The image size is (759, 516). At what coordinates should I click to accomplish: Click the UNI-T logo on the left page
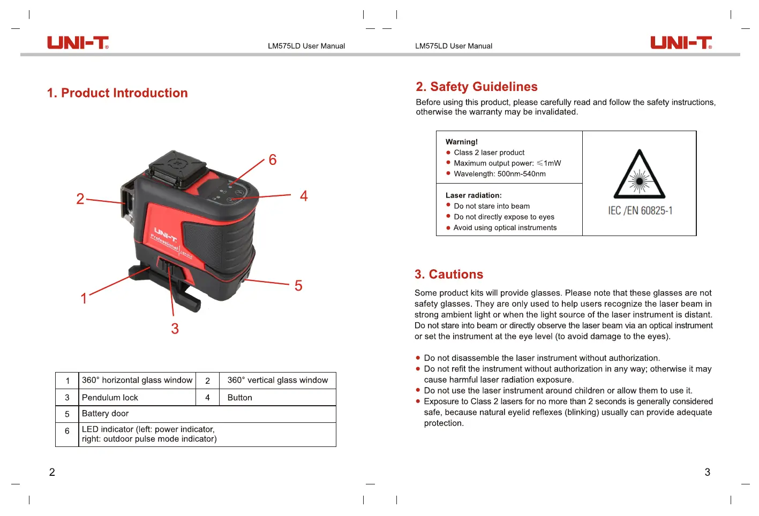78,43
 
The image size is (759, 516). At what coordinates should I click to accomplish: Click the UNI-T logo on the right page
681,43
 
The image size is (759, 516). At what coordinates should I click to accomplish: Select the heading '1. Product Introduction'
117,93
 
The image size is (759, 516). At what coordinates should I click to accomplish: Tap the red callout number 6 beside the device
273,160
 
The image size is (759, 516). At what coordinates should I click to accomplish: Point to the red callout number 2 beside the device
80,199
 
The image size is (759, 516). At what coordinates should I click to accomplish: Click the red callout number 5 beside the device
298,286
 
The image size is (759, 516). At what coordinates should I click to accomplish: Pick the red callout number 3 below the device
175,329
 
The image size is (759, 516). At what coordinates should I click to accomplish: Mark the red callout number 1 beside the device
84,298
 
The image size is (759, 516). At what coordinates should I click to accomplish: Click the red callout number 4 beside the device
304,196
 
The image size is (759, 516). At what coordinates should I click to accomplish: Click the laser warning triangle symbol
639,176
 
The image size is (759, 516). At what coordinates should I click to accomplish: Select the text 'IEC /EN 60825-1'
640,211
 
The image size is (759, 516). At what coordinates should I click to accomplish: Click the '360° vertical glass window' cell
277,380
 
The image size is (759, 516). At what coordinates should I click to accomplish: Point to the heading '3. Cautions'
449,275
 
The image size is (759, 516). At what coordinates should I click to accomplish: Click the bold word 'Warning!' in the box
462,142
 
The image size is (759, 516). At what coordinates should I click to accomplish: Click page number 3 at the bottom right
707,472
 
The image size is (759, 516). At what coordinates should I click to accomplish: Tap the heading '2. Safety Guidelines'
477,87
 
